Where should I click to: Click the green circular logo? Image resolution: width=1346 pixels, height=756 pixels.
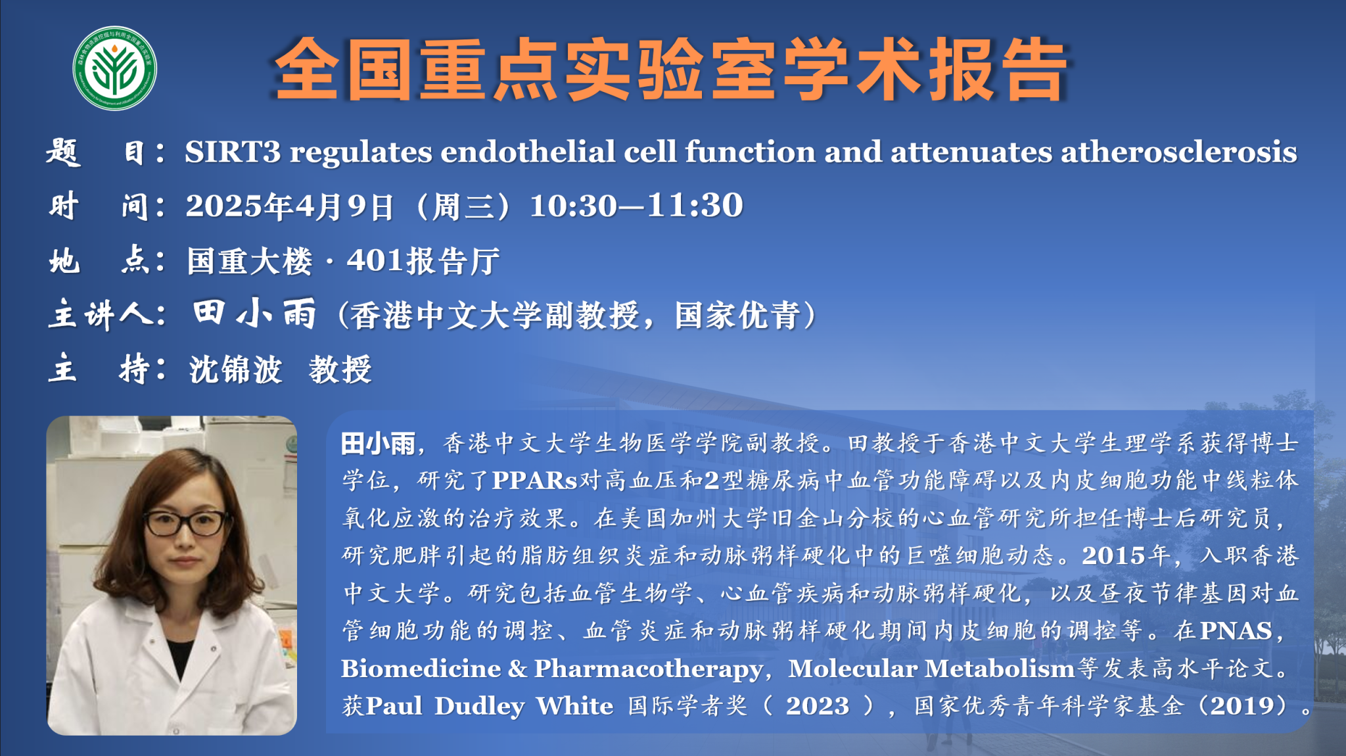click(x=114, y=68)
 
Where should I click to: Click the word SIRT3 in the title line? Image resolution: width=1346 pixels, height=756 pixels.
click(x=233, y=152)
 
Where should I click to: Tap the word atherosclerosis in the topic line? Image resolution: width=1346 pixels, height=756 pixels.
click(x=1178, y=152)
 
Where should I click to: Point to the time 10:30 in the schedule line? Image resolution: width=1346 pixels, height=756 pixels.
click(x=573, y=206)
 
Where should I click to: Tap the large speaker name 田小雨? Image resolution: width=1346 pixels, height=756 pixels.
click(x=255, y=313)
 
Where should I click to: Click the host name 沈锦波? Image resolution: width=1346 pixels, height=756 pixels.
click(x=235, y=369)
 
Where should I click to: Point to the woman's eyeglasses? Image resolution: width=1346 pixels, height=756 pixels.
click(x=186, y=523)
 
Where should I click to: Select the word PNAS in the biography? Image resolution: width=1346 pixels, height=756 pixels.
click(x=1236, y=631)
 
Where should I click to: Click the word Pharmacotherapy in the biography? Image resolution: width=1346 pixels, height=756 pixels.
click(x=648, y=669)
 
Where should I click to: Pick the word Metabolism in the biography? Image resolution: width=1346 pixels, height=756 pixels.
click(x=1000, y=669)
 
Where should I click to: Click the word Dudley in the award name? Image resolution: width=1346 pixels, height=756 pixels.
click(x=479, y=707)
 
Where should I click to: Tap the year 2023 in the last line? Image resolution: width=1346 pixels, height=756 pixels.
click(x=818, y=706)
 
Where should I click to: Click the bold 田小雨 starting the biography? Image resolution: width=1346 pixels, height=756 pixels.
click(x=378, y=444)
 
